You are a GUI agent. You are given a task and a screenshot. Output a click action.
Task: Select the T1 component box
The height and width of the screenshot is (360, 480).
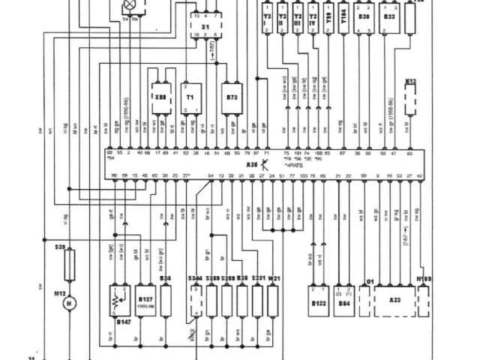[x=190, y=97]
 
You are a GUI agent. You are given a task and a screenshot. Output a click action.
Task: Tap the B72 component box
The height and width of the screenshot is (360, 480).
[x=231, y=97]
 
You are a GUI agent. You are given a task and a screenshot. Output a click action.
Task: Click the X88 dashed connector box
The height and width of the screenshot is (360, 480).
[x=160, y=97]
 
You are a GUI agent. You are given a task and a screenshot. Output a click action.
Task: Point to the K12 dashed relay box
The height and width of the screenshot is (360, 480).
[x=410, y=97]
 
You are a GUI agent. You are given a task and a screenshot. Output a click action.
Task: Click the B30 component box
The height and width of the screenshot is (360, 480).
[x=364, y=22]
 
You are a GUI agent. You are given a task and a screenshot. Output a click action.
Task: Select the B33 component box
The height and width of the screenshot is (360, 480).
[x=389, y=22]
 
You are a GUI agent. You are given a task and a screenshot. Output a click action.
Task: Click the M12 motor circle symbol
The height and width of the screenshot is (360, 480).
[x=70, y=303]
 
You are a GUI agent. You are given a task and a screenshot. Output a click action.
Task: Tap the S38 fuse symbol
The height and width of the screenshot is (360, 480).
[x=70, y=262]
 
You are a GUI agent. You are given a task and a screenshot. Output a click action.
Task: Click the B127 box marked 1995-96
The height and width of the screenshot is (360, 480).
[x=145, y=300]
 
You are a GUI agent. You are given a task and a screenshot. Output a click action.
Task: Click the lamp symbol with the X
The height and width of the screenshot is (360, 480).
[x=129, y=4]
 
